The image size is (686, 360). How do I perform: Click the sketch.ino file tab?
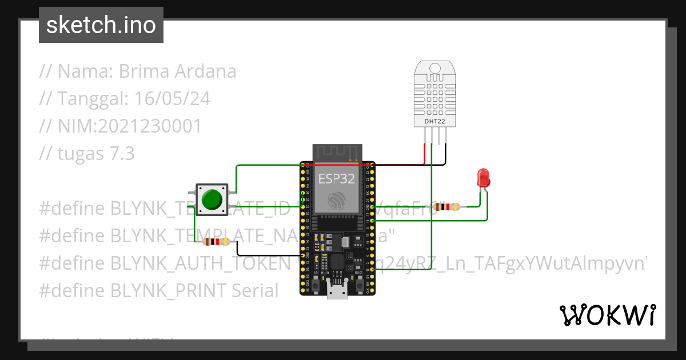[101, 25]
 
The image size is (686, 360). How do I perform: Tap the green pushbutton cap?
[212, 199]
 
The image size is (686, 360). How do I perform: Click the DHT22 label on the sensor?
[435, 121]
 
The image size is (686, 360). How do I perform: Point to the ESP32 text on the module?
[337, 178]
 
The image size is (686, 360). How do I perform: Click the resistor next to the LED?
[447, 207]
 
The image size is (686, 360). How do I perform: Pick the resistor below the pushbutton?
[216, 242]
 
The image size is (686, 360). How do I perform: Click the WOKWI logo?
[607, 315]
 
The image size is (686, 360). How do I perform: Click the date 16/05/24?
[172, 99]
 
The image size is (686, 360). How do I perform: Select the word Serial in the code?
[255, 291]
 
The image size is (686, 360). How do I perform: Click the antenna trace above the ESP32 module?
[337, 152]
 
